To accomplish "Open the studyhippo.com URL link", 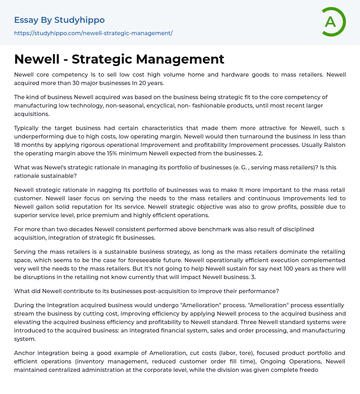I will pos(93,33).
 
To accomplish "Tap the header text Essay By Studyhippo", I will pos(59,20).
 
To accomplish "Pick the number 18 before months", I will pos(18,145).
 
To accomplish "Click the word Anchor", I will pos(24,353).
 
